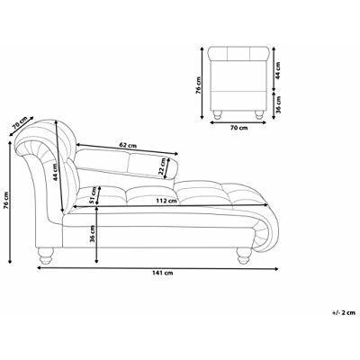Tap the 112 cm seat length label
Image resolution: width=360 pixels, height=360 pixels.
pos(166,201)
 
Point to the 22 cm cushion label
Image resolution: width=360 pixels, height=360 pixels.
pos(162,167)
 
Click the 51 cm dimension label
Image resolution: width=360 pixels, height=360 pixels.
pos(93,195)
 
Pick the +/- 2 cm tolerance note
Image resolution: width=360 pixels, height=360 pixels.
pos(344,312)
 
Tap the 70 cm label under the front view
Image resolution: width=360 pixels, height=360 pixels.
pos(239,128)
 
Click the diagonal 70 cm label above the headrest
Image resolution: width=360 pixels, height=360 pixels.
pos(21,121)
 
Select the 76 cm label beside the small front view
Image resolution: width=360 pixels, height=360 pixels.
pos(199,85)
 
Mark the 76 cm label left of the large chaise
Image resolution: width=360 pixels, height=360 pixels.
pos(6,200)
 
